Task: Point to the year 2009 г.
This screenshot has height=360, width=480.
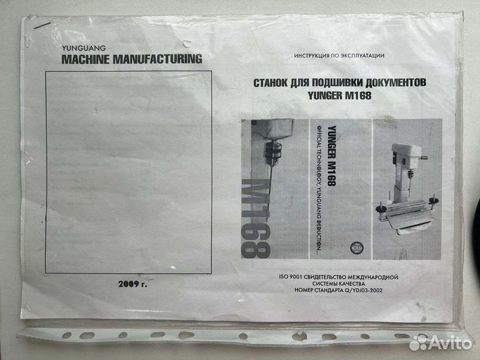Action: (130, 285)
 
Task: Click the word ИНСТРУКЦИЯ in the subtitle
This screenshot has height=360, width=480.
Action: (308, 57)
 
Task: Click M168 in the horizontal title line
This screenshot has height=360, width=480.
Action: (357, 95)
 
